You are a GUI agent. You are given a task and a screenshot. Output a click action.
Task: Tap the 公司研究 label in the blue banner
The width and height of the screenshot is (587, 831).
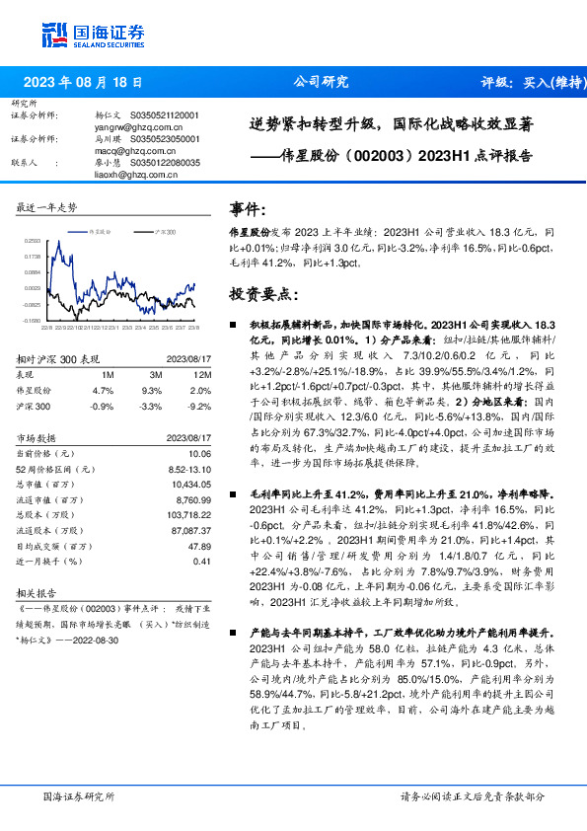321,83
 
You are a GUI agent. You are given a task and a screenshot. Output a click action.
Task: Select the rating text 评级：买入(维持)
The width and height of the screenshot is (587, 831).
530,83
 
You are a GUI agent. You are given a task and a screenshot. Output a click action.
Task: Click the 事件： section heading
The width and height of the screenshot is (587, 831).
248,210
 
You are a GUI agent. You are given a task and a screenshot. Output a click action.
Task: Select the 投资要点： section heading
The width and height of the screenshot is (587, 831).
262,293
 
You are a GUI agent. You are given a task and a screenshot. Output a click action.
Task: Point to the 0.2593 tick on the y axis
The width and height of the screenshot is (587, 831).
33,240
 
